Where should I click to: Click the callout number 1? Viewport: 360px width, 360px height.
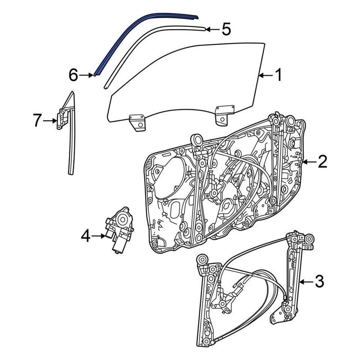tap(278, 76)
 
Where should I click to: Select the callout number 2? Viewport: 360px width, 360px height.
tap(322, 162)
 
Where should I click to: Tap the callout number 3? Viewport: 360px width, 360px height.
tap(319, 281)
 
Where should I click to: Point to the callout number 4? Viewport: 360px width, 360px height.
tap(85, 236)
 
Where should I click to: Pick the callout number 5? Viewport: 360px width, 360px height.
tap(226, 29)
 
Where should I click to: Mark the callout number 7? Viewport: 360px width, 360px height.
tap(36, 121)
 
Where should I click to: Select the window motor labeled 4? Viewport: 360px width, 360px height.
tap(119, 229)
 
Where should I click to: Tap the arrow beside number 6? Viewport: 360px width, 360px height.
tap(87, 75)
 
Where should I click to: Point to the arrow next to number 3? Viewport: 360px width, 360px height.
tap(307, 281)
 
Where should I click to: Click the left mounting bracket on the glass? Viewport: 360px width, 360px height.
tap(137, 123)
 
